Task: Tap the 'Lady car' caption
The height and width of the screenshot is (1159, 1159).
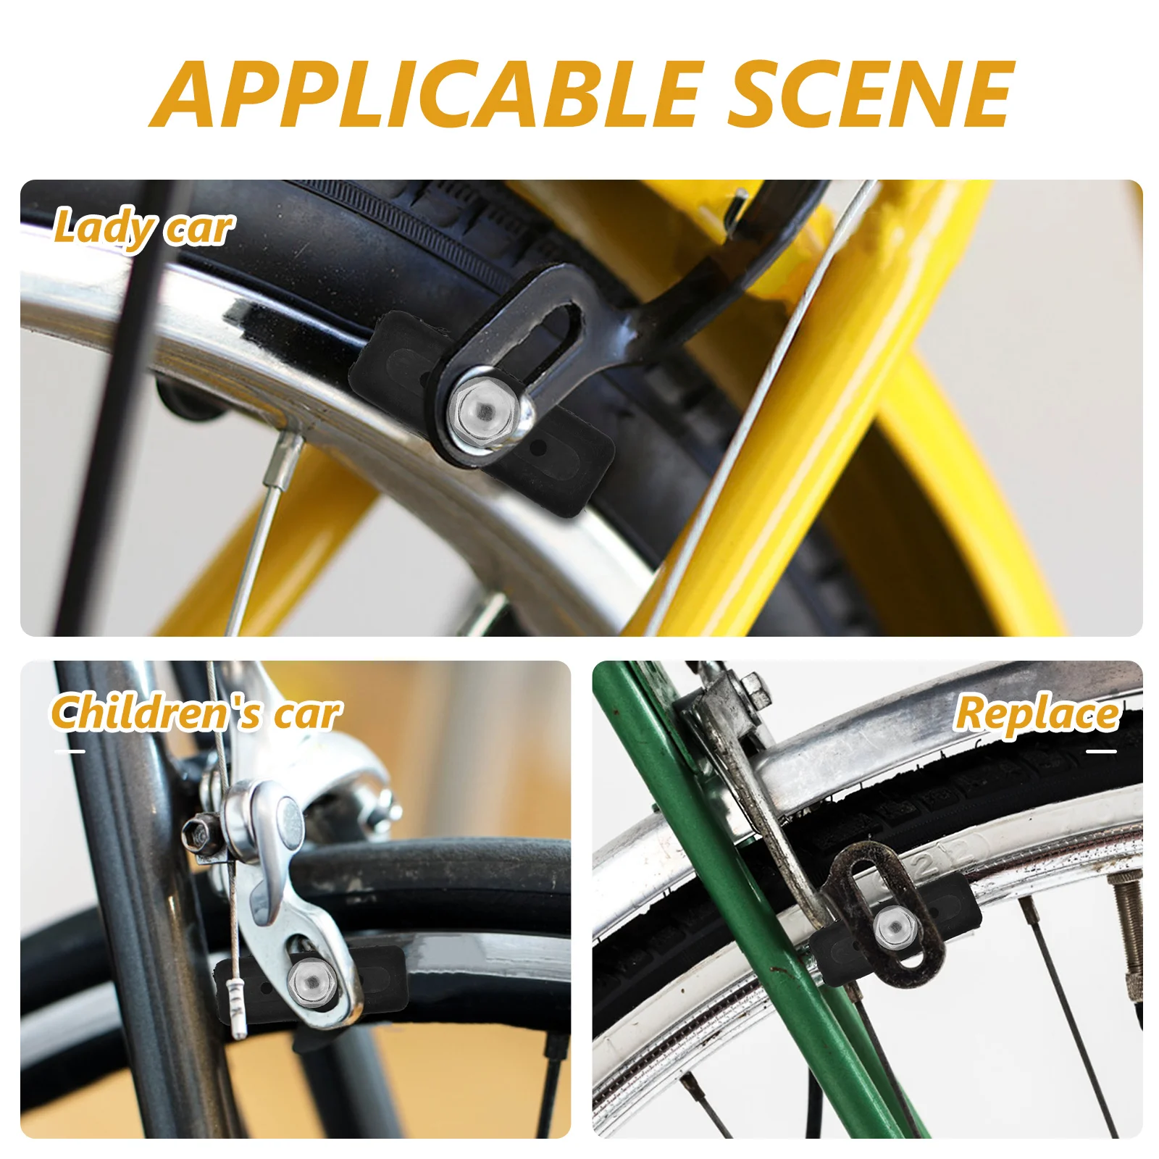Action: (x=143, y=228)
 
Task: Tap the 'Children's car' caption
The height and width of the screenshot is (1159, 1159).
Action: (x=196, y=714)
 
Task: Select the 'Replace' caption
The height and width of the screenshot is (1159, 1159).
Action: (x=1036, y=714)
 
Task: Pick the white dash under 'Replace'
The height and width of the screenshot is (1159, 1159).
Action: (x=1101, y=751)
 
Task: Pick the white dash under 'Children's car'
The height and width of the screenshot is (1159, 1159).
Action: (x=70, y=751)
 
